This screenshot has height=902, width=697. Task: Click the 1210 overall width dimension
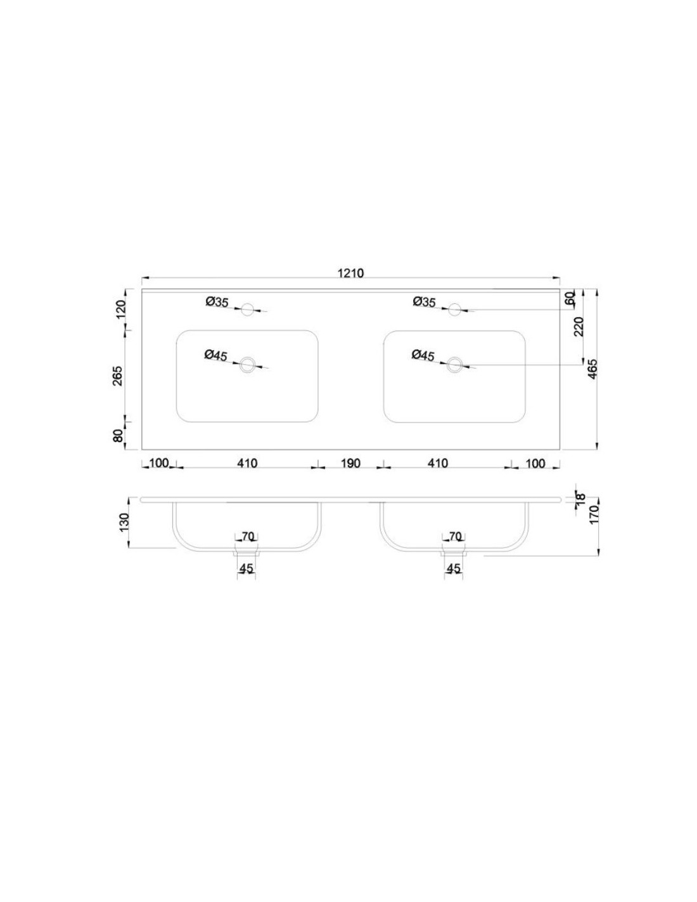(x=351, y=273)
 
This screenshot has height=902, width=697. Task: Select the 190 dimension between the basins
(x=350, y=463)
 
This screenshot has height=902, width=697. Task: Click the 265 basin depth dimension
(x=118, y=376)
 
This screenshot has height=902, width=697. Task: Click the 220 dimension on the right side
(x=579, y=326)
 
